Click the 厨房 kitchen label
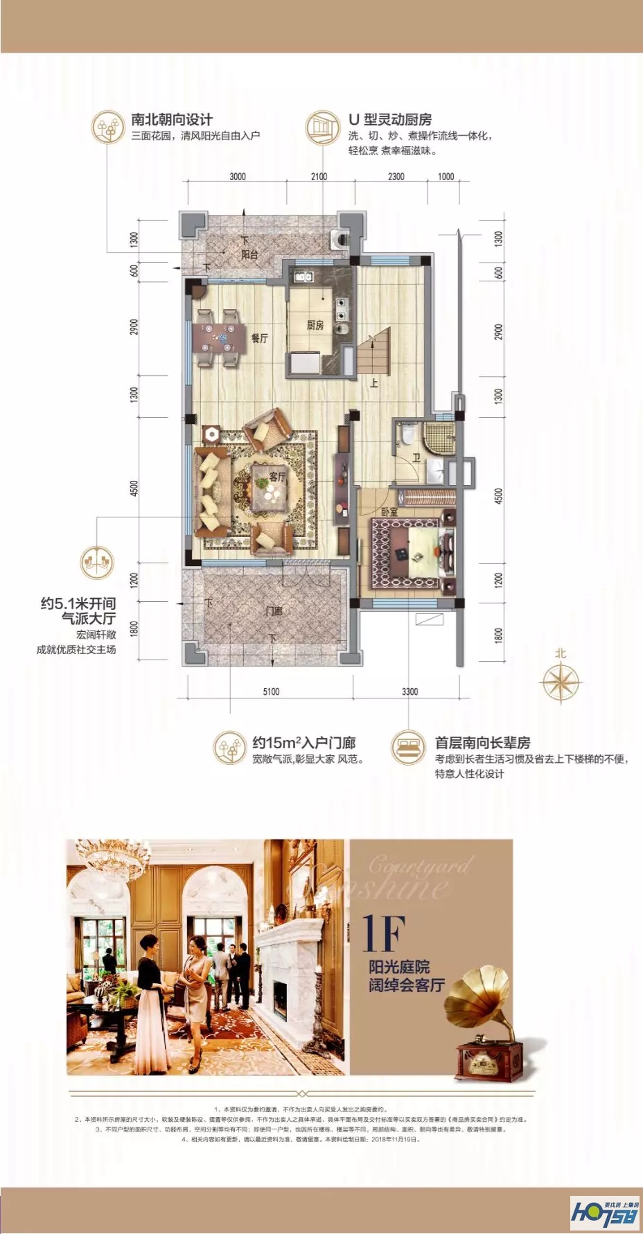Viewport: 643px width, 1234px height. [315, 325]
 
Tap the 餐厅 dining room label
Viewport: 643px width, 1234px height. [260, 338]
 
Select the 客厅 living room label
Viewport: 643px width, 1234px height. [277, 477]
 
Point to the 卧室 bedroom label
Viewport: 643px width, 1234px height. [389, 512]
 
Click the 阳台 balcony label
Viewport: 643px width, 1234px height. [249, 254]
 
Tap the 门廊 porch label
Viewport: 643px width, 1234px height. [274, 611]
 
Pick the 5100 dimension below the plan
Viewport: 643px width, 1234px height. [271, 691]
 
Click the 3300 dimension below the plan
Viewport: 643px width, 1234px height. [409, 691]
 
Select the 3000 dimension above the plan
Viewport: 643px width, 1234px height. [238, 177]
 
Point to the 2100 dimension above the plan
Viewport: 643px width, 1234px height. [319, 177]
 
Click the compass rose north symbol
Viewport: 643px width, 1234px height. [560, 681]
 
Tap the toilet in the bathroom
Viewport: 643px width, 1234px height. [407, 434]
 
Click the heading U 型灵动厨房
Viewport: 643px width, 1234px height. [390, 119]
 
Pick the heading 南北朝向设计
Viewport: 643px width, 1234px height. [172, 119]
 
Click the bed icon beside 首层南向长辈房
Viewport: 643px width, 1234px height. [407, 748]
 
